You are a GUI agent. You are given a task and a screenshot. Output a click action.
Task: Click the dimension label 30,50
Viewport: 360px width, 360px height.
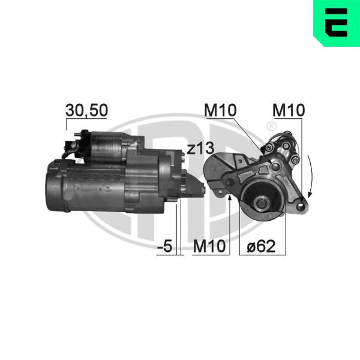[x=86, y=110]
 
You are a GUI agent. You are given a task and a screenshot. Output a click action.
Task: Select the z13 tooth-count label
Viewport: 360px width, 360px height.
[x=200, y=149]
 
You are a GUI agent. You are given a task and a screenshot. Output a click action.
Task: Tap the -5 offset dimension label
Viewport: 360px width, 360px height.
[x=164, y=246]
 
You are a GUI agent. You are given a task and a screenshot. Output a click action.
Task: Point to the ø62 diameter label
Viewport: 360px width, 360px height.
[x=261, y=247]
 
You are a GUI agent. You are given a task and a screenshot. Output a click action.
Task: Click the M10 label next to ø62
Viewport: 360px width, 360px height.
[x=209, y=247]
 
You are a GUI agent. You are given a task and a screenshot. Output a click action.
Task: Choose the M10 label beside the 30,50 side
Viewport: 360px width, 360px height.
[x=220, y=110]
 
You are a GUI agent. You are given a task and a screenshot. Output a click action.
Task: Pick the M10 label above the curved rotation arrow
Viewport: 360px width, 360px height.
[x=289, y=110]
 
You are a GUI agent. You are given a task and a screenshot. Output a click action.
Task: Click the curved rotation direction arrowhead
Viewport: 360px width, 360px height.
[x=310, y=194]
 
